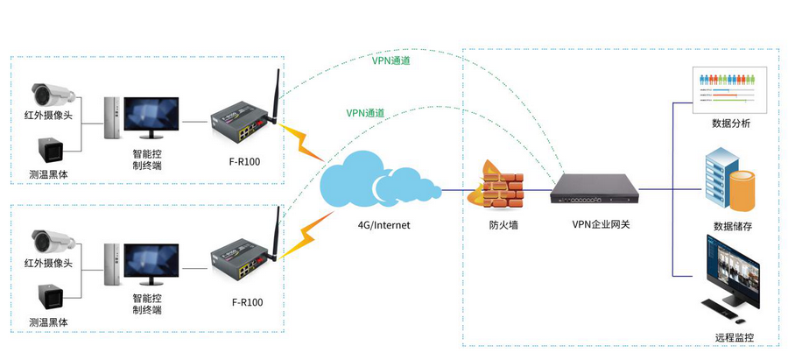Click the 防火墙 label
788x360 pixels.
pos(504,225)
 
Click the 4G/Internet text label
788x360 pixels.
pos(383,225)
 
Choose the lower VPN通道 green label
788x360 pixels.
pos(365,112)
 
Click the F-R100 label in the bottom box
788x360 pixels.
pos(246,302)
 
